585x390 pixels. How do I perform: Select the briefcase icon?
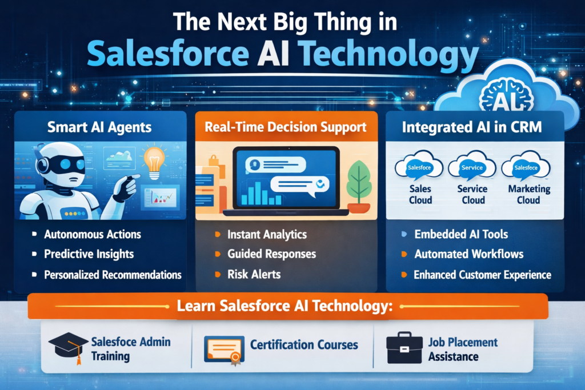404,348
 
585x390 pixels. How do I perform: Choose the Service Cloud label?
472,194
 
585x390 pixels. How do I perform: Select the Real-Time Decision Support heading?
286,127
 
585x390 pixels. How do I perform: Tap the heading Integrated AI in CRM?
472,127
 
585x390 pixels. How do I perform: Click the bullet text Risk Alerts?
254,274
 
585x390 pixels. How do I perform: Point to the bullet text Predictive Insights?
89,254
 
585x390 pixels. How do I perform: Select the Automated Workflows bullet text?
468,254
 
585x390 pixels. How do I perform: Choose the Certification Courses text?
304,345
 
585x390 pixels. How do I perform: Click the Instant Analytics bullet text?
267,234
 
